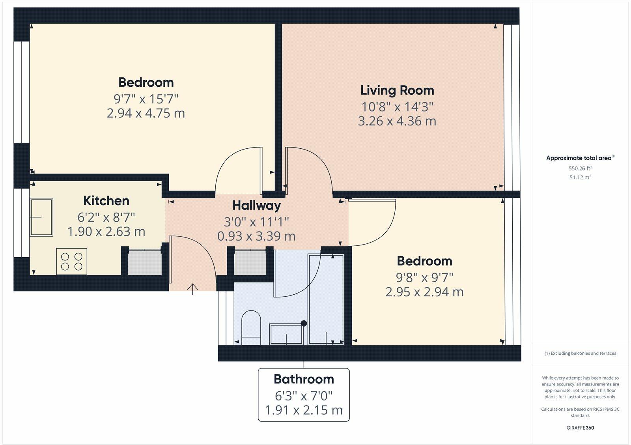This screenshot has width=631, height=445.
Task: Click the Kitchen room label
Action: [x=106, y=201]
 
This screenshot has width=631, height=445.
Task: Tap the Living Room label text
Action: [x=397, y=90]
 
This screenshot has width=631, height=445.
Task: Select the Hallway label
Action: [x=256, y=206]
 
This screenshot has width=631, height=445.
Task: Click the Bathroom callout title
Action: [x=304, y=379]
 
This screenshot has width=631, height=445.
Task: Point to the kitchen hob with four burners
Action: [x=71, y=261]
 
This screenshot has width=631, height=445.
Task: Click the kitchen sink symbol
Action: [x=41, y=217]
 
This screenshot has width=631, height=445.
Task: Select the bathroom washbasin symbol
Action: [x=286, y=334]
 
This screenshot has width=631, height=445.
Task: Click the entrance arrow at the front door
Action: [x=192, y=289]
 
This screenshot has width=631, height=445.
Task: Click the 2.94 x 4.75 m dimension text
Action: [x=146, y=113]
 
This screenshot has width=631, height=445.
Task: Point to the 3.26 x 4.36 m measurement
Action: [x=397, y=121]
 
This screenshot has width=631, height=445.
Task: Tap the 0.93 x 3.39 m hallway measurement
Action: [x=256, y=236]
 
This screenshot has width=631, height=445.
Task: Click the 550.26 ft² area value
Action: [x=580, y=168]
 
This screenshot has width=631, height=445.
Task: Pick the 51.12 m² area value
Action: [x=580, y=178]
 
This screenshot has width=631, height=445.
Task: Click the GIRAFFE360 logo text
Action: [x=580, y=428]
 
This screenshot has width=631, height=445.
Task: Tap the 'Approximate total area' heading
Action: [x=579, y=158]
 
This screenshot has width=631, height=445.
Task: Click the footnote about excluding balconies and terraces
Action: [x=580, y=353]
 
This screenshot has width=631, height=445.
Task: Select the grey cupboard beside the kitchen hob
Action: [x=145, y=262]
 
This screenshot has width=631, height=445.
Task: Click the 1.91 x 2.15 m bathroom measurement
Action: [x=304, y=410]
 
